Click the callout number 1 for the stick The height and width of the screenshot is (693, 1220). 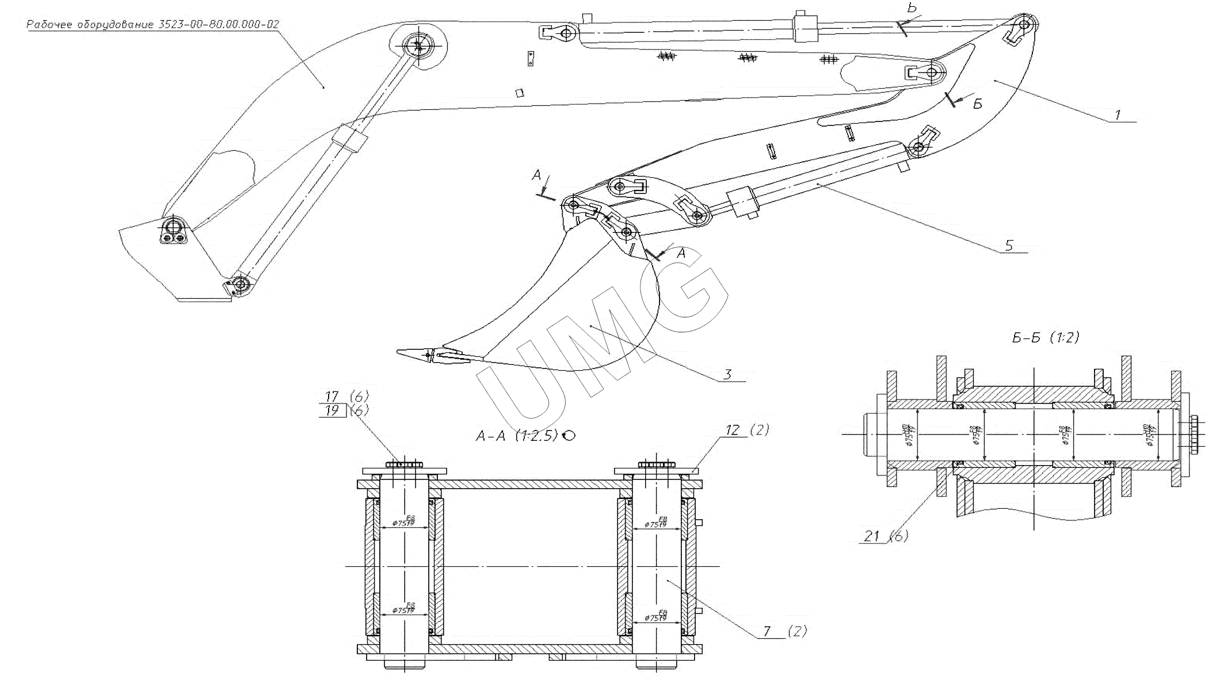(1117, 115)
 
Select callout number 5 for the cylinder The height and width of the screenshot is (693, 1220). (1008, 246)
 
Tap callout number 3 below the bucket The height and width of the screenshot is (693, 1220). (727, 375)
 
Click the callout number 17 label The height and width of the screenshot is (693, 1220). (332, 397)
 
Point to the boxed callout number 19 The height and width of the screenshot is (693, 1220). (332, 411)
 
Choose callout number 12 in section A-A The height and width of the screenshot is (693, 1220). (732, 430)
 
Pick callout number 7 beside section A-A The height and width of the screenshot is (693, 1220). (767, 631)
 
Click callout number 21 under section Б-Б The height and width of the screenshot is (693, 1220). (872, 536)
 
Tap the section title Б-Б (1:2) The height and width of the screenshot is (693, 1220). (1045, 338)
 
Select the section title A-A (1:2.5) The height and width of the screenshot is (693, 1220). (516, 436)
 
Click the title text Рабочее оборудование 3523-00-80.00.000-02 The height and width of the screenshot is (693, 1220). (152, 24)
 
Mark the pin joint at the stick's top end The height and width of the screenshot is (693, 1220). (1024, 25)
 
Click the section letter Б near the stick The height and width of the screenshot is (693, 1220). (977, 104)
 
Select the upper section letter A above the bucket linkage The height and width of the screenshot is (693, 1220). (536, 174)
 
